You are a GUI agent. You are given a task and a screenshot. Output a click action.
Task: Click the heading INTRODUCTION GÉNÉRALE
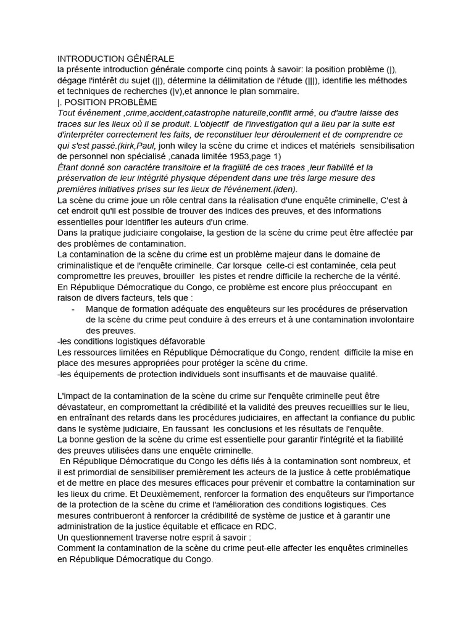116,59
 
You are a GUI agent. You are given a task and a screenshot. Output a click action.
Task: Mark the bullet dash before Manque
74,309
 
